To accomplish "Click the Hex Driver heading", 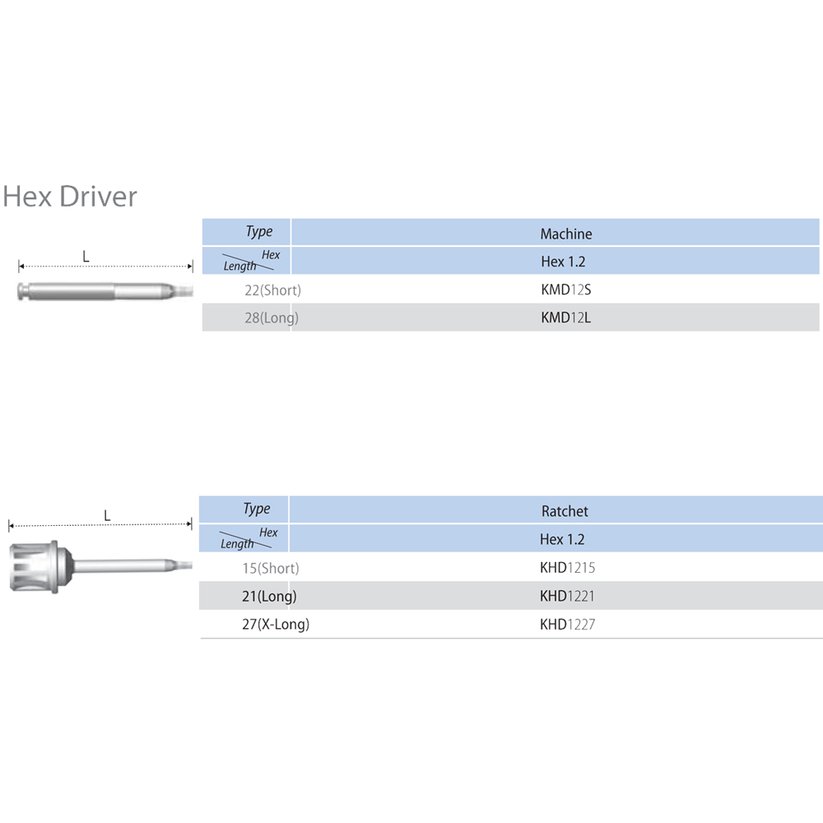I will pos(70,197).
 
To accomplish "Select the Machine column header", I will pos(565,234).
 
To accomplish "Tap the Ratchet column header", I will pos(565,511).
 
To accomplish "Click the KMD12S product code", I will pos(565,290).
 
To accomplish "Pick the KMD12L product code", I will pos(565,318).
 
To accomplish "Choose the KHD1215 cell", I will pos(567,568).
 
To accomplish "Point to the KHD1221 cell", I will pos(567,596).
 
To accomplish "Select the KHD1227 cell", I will pos(567,625).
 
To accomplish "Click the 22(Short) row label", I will pos(272,290).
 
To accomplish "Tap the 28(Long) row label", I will pos(271,318).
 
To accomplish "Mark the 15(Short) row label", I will pos(270,568).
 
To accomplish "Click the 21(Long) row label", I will pos(269,596).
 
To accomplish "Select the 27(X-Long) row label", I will pos(276,625).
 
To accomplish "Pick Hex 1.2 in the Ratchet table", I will pos(563,539).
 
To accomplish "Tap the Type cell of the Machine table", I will pos(258,231).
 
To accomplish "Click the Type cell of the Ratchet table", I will pos(256,509).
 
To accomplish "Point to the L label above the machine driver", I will pos(86,256).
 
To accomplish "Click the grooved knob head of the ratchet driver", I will pos(33,566).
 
